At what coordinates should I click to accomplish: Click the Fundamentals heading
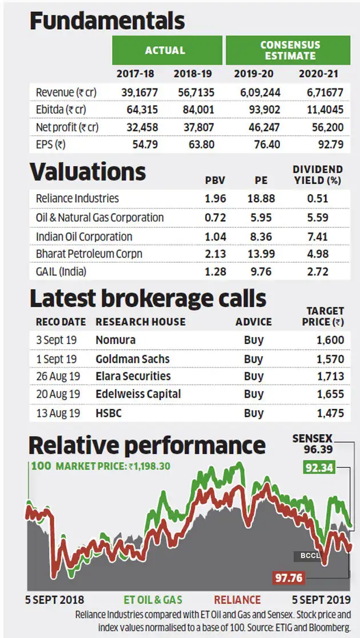(107, 21)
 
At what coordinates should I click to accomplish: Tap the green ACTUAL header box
(165, 50)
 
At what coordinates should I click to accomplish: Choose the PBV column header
(215, 181)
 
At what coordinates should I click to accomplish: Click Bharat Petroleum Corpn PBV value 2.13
(215, 254)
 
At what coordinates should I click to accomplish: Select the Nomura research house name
(115, 340)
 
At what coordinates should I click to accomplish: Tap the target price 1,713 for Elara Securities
(331, 376)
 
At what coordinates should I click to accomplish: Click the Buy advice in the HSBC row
(254, 412)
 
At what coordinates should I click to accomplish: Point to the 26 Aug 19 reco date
(58, 376)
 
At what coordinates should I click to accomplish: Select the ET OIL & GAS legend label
(153, 600)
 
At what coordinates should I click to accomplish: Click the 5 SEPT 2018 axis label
(55, 600)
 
